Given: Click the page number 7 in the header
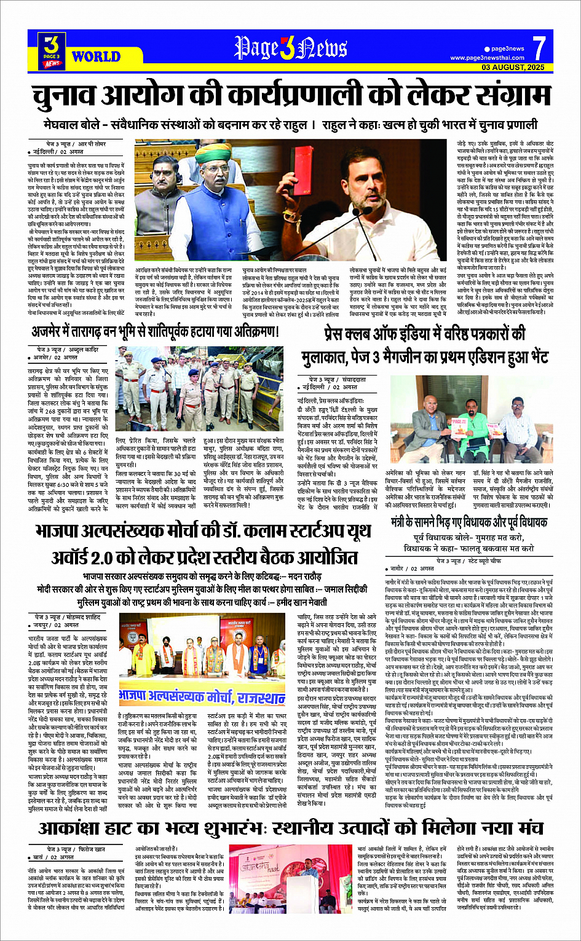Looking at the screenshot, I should tap(539, 48).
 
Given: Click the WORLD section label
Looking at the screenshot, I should tap(96, 57).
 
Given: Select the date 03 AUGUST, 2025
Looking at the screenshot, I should tap(513, 67).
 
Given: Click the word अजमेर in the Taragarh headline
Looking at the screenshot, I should tap(50, 333).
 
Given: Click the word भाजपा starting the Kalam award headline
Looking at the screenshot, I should tap(61, 532).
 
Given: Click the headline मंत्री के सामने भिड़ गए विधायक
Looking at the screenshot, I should tap(468, 522).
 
